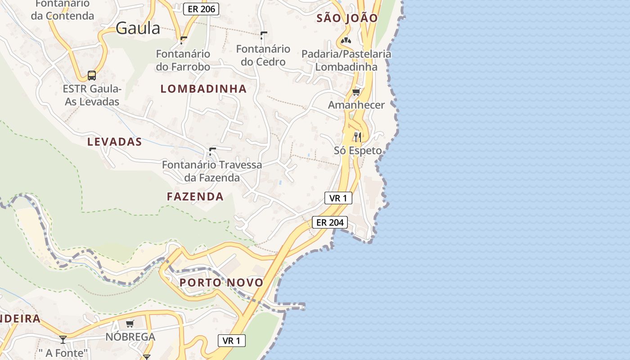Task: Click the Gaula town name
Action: [138, 28]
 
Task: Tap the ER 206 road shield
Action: [201, 9]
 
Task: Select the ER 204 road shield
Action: [330, 222]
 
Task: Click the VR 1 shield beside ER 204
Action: [338, 198]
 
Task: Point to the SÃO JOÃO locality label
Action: [347, 18]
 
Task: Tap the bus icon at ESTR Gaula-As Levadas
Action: [92, 75]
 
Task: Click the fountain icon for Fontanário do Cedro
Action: [263, 36]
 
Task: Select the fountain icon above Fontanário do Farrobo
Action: [183, 40]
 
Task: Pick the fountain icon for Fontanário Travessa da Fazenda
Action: [212, 151]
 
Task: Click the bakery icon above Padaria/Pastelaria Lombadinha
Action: [346, 41]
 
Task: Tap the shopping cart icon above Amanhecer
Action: [356, 92]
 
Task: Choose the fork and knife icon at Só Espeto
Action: [358, 137]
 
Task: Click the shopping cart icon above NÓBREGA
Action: [130, 324]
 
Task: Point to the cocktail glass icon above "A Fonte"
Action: [63, 340]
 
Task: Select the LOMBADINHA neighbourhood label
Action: [203, 89]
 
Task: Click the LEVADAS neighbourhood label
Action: [115, 142]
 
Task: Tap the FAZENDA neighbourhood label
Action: [195, 196]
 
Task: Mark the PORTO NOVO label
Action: [221, 283]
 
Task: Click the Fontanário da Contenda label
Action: [63, 9]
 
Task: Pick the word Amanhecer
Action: [356, 105]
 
